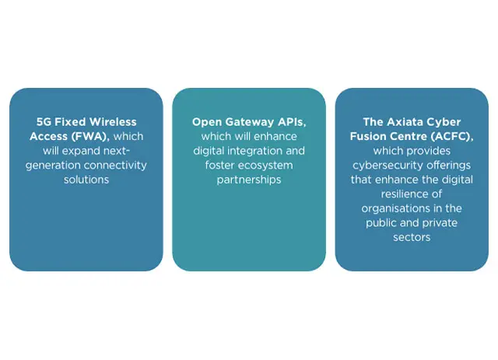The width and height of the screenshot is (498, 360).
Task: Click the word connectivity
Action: pos(115,166)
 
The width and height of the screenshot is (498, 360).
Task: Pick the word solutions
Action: pos(86,180)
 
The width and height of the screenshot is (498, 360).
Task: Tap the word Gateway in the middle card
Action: pos(248,122)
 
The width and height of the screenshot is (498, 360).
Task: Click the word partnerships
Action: pos(249,180)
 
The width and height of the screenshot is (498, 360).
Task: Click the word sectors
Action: pos(412,237)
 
